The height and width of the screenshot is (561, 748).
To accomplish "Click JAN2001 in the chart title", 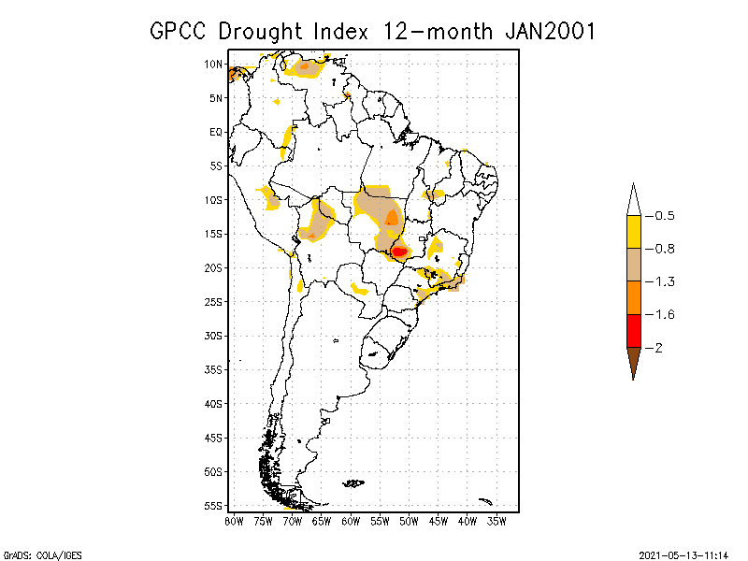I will (550, 31).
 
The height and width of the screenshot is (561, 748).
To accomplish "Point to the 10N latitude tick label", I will (213, 65).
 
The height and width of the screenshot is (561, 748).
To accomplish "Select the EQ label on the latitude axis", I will (216, 132).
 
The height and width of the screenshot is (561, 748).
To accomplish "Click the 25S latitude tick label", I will (213, 301).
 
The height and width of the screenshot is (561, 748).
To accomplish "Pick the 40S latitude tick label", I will (213, 403).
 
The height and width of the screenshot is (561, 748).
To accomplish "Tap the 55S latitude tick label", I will (213, 505).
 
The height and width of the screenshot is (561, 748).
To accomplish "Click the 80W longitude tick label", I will (234, 520).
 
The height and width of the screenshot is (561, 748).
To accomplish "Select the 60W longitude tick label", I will (351, 520).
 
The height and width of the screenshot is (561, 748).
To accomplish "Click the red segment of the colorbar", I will (634, 330).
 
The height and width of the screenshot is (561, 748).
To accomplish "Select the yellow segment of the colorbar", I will (634, 232).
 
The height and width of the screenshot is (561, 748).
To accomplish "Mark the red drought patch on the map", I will (399, 252).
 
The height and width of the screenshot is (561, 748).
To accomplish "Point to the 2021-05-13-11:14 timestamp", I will (683, 554).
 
